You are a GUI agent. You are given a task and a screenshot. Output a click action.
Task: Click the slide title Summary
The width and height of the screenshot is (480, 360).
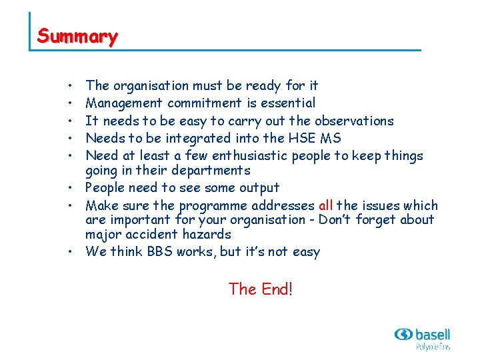tap(77, 36)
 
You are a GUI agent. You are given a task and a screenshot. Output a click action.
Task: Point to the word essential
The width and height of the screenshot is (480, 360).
tap(287, 103)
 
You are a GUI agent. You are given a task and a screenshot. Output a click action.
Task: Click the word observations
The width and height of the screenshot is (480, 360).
tap(354, 121)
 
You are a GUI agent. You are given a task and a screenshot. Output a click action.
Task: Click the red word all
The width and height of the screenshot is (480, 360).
tap(326, 205)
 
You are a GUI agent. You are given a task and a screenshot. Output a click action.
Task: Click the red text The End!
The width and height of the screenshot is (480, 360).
tap(260, 289)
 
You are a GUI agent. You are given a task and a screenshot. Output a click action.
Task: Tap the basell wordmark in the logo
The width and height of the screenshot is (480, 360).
tap(432, 334)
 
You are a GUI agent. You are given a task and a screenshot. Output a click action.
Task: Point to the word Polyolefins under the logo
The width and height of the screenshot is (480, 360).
tap(433, 347)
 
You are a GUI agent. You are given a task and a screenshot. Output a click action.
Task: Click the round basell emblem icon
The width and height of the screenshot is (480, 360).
tap(403, 334)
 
